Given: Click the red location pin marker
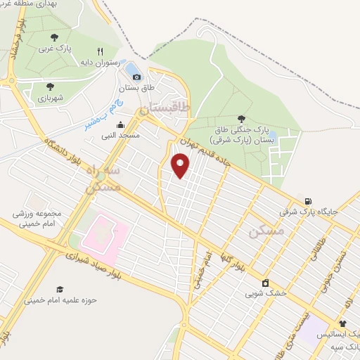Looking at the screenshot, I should [181, 167].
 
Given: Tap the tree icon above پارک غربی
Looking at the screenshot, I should [55, 37].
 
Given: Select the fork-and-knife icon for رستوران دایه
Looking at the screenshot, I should [101, 51].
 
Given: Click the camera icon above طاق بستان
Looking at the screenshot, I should [136, 77].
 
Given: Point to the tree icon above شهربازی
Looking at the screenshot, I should [49, 86].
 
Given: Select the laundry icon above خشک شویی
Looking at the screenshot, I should [265, 283].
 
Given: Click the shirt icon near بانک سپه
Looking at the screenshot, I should [342, 324].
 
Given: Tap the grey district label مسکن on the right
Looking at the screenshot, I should [268, 231].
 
